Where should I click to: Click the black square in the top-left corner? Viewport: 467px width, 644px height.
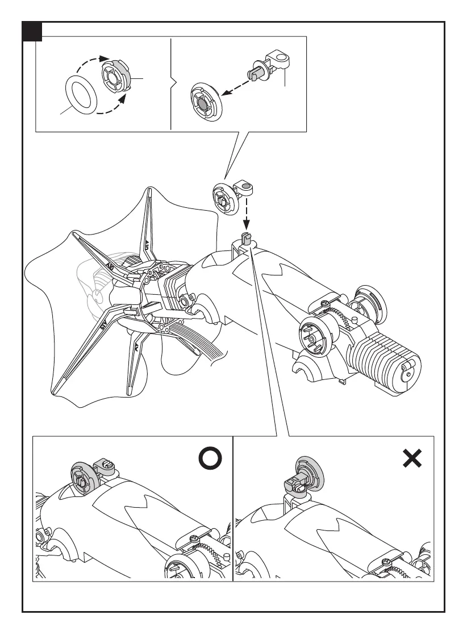pos(32,32)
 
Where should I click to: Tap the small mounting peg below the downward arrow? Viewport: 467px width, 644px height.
pos(245,239)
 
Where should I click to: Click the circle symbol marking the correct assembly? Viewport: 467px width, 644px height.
pos(211,459)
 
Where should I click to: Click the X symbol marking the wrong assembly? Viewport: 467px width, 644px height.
pos(412,459)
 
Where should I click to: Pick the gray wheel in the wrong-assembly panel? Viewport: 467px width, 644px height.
pos(307,474)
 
